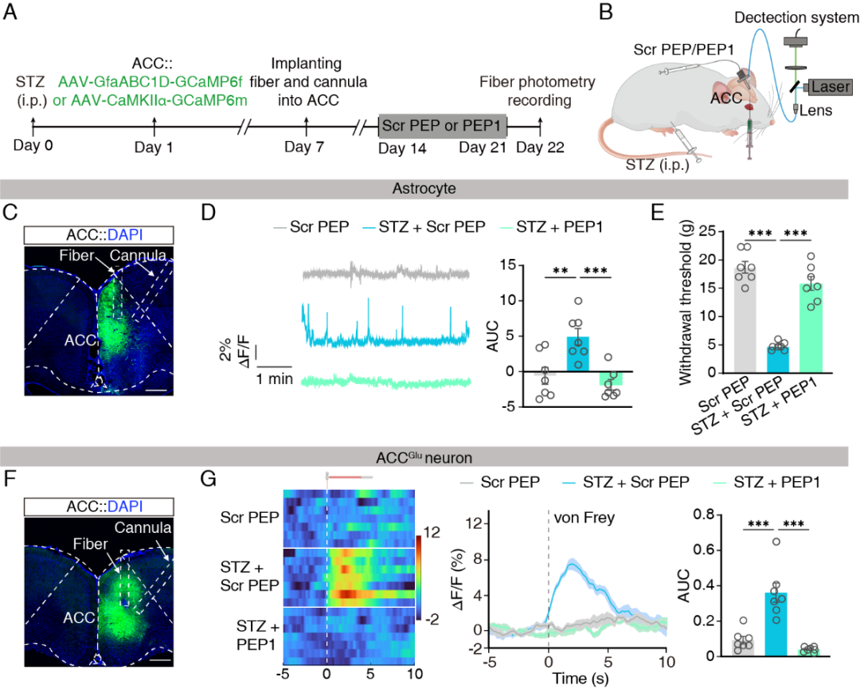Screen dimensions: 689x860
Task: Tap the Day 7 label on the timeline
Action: tap(306, 147)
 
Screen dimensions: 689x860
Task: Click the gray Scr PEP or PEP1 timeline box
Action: tap(442, 126)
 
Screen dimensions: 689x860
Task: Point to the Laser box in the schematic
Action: tap(831, 87)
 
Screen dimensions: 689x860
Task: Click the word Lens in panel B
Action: tap(818, 111)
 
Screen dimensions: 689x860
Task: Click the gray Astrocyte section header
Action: tap(430, 189)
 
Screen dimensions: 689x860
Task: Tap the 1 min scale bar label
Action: tap(273, 380)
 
